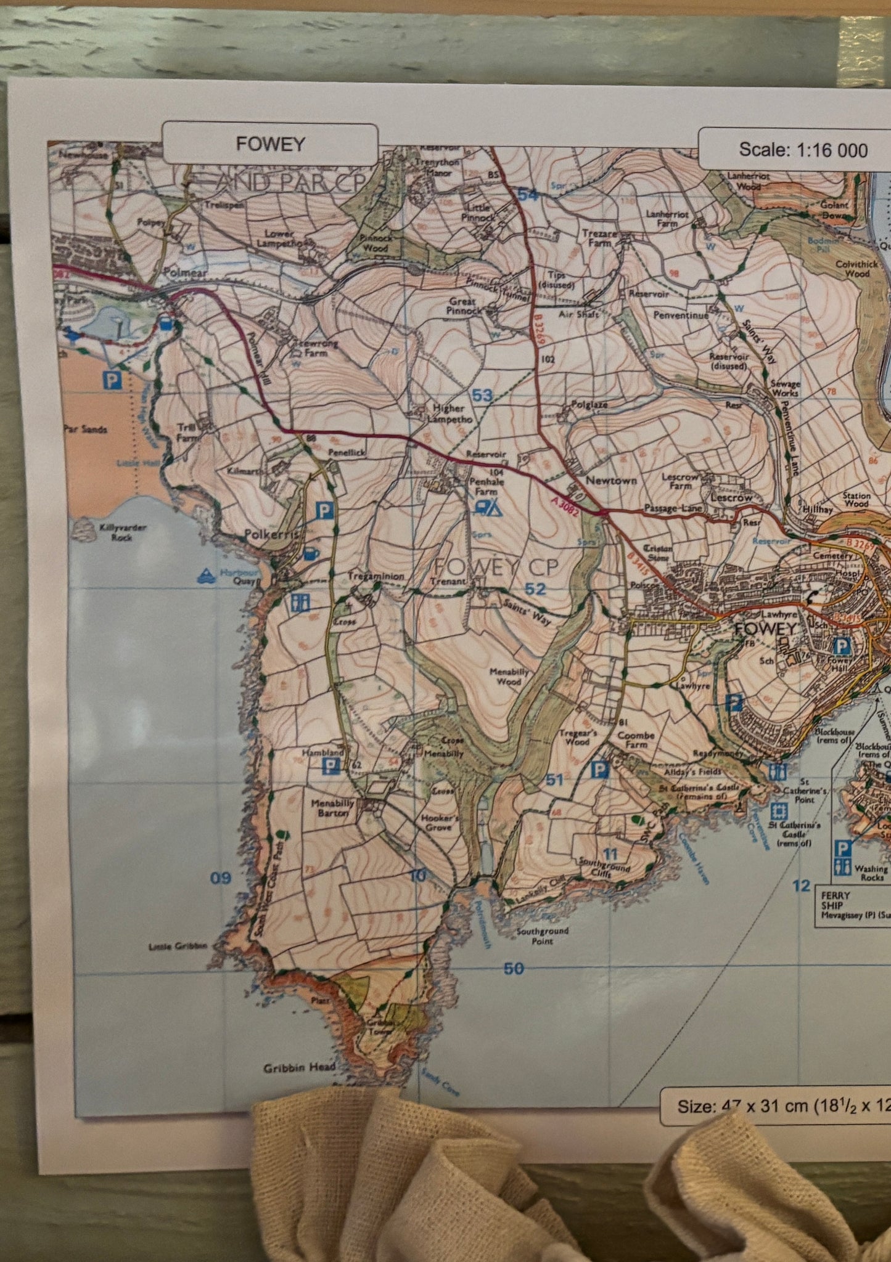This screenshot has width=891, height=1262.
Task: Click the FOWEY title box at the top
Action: point(270,144)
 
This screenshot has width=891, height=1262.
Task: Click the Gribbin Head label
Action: point(299,1067)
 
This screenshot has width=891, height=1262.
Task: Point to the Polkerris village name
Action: point(271,535)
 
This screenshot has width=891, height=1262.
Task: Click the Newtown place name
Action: point(610,480)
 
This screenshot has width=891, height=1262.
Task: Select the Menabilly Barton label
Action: point(333,808)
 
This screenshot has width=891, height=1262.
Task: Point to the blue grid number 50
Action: point(514,969)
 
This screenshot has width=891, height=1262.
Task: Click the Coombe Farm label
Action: point(636,739)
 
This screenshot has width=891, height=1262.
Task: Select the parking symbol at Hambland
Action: point(332,766)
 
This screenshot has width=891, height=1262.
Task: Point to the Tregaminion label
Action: point(376,576)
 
